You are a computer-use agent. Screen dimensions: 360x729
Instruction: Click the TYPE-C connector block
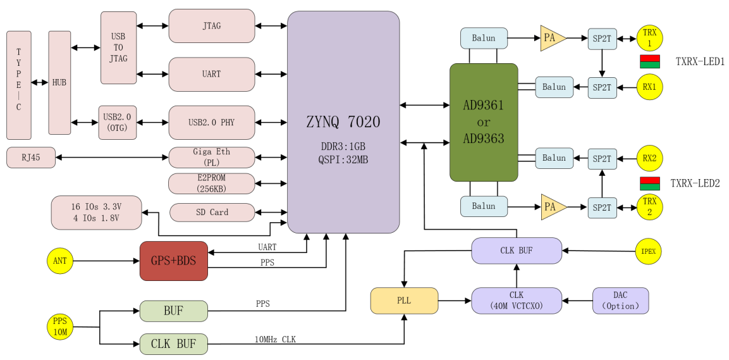click(x=19, y=85)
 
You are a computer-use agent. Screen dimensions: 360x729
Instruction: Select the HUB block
click(x=59, y=82)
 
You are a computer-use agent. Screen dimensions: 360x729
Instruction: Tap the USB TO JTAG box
click(x=118, y=47)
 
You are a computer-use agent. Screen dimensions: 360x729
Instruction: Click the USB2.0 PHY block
click(x=211, y=122)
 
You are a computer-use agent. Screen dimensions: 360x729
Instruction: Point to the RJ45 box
click(x=31, y=157)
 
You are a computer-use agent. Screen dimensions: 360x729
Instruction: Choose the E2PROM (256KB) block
click(x=211, y=183)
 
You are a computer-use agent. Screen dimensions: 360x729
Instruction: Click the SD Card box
click(x=211, y=213)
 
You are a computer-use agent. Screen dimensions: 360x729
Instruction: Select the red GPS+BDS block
click(x=173, y=261)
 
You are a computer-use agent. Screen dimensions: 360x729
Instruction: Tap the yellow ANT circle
click(x=60, y=261)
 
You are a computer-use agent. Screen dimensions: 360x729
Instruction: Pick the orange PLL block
click(x=404, y=301)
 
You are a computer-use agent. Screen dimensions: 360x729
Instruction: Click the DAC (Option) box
click(x=620, y=301)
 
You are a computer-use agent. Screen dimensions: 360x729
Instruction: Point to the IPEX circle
click(x=648, y=251)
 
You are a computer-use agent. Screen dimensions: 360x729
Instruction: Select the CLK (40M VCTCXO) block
click(x=517, y=301)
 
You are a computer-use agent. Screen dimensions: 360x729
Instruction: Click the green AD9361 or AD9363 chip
click(x=484, y=122)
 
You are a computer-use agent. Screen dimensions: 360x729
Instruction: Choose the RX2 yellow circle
click(x=649, y=158)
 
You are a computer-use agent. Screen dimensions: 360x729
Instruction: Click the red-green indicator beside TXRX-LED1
click(x=650, y=61)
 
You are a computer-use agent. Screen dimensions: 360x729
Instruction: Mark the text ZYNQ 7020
click(x=343, y=121)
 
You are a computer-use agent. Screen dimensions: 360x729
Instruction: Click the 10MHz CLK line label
click(x=275, y=340)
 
